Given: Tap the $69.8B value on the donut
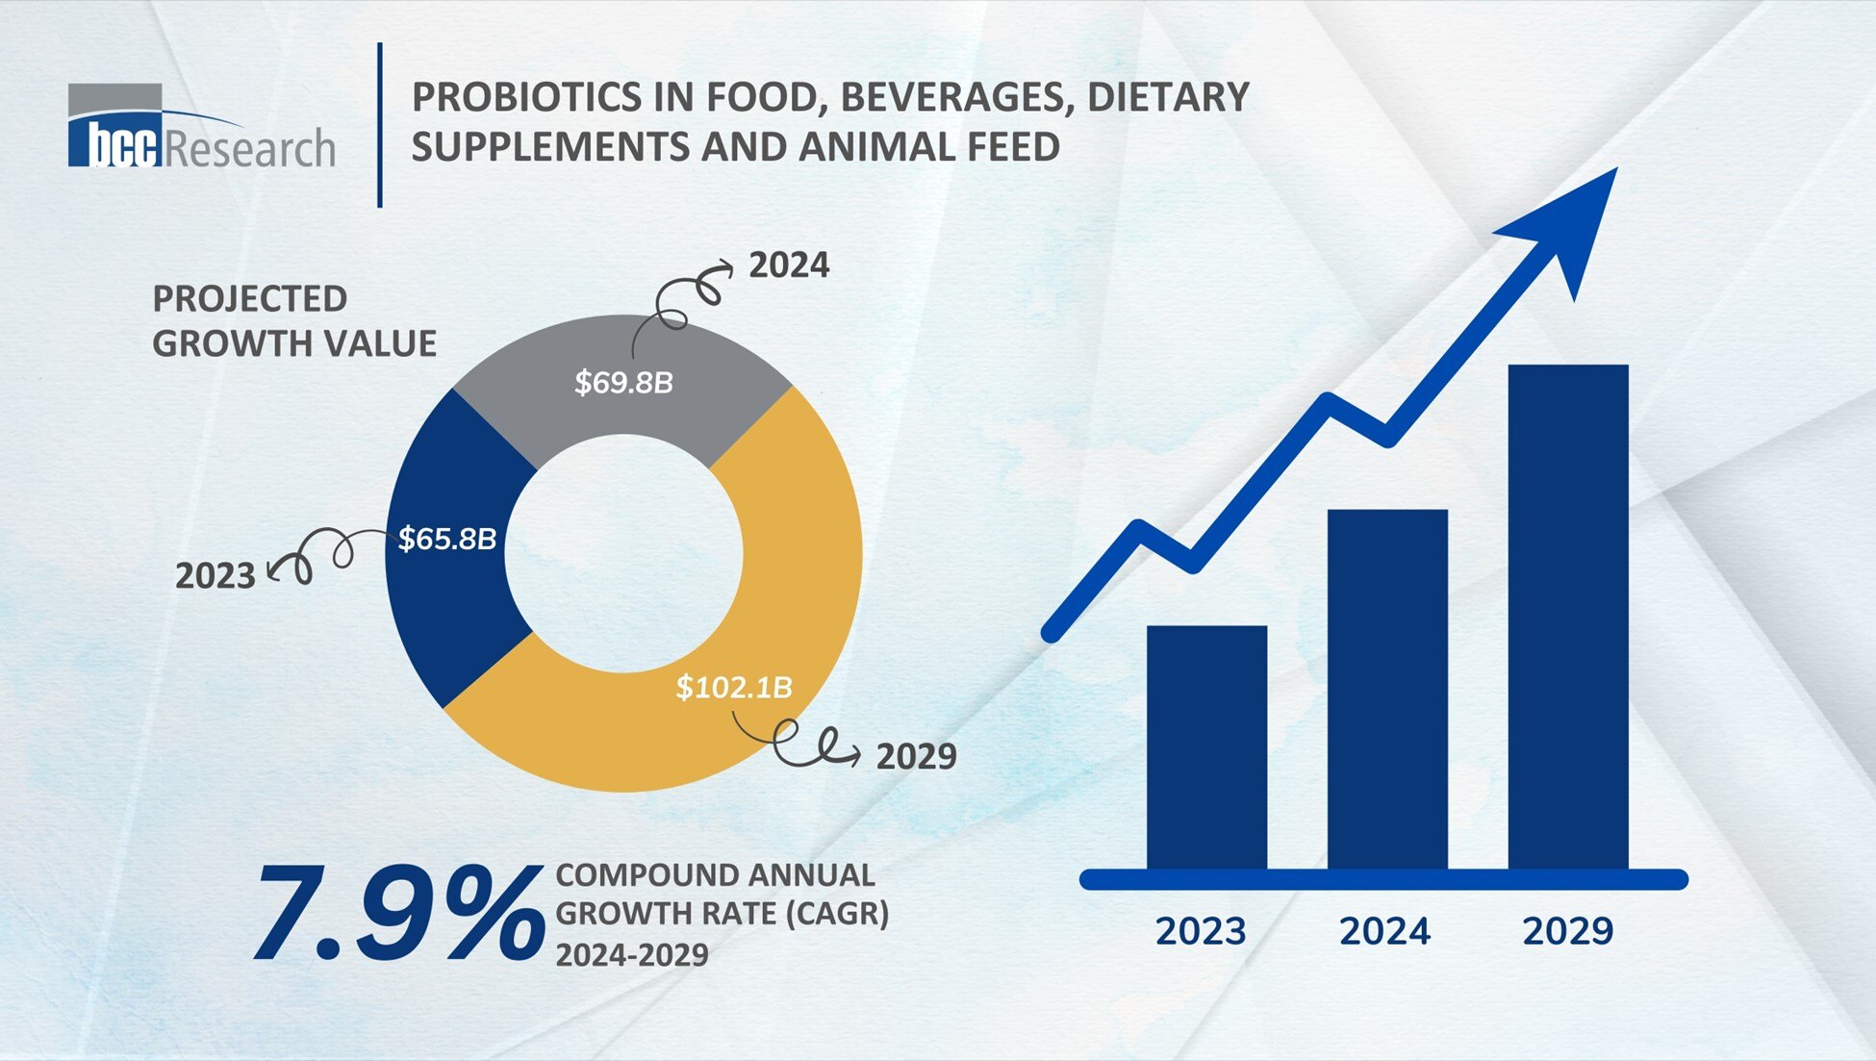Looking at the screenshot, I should tap(623, 383).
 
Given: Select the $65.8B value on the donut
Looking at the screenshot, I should tap(447, 539).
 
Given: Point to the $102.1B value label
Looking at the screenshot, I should tap(734, 687).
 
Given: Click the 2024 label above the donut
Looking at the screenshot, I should tap(789, 265).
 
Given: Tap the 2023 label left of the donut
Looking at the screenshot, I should tap(215, 576).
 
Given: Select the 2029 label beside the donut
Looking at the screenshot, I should tap(916, 757).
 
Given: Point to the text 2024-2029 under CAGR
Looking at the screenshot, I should tap(632, 955).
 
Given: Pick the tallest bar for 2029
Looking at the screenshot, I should tap(1567, 616).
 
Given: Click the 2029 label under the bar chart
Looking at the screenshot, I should tap(1567, 931).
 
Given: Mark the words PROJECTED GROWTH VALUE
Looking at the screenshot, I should tap(293, 321).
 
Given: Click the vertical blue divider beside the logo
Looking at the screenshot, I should tap(380, 125).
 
